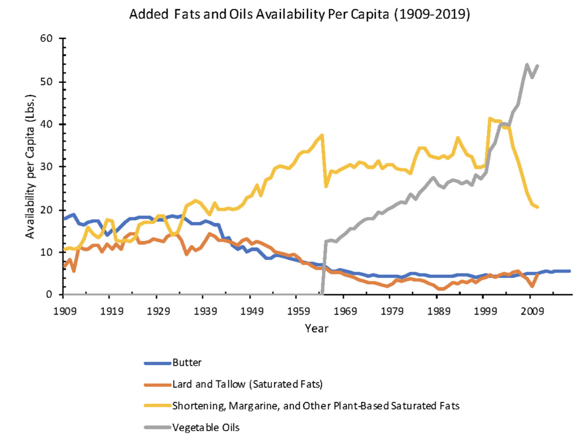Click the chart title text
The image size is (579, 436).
(x=299, y=15)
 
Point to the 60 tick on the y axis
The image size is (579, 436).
(x=46, y=39)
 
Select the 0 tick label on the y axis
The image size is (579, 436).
(x=49, y=295)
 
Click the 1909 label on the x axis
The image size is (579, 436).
(x=65, y=311)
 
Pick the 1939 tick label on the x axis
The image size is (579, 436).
(x=205, y=311)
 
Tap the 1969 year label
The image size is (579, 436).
(x=345, y=311)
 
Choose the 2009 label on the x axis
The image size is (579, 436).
(x=533, y=311)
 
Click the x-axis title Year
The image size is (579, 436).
(x=316, y=329)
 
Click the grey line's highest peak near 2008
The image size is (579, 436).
(x=527, y=65)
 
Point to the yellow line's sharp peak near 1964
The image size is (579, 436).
(x=322, y=135)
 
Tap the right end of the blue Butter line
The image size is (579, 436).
(x=569, y=271)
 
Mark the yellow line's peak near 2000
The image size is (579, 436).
(x=490, y=119)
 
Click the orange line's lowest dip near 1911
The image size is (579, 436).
(x=74, y=271)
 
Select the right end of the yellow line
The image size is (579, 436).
(x=538, y=207)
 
